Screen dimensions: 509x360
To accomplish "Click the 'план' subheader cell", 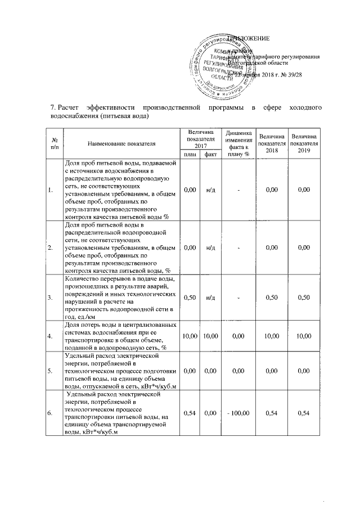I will tap(190, 154).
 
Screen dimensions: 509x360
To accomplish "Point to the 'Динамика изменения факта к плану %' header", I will tap(238, 143).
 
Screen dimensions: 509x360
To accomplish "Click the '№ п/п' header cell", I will tap(55, 143).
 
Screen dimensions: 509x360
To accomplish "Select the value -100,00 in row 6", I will tap(238, 413).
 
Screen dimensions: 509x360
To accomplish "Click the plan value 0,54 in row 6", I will tap(190, 413).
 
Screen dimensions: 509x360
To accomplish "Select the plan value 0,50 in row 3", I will tap(190, 297).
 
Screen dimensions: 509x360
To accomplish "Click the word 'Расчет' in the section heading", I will tap(69, 107).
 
